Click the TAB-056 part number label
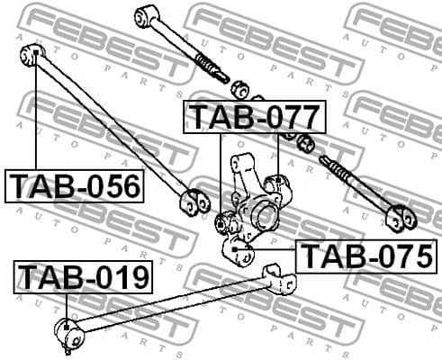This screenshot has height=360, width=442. tap(76, 186)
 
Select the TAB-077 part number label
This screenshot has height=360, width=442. tap(251, 117)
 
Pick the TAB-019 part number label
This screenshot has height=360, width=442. tap(83, 277)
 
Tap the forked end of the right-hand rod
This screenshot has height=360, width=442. tap(399, 217)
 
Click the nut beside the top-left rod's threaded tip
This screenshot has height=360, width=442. tap(240, 88)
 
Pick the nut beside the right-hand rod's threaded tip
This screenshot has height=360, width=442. tap(305, 142)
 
